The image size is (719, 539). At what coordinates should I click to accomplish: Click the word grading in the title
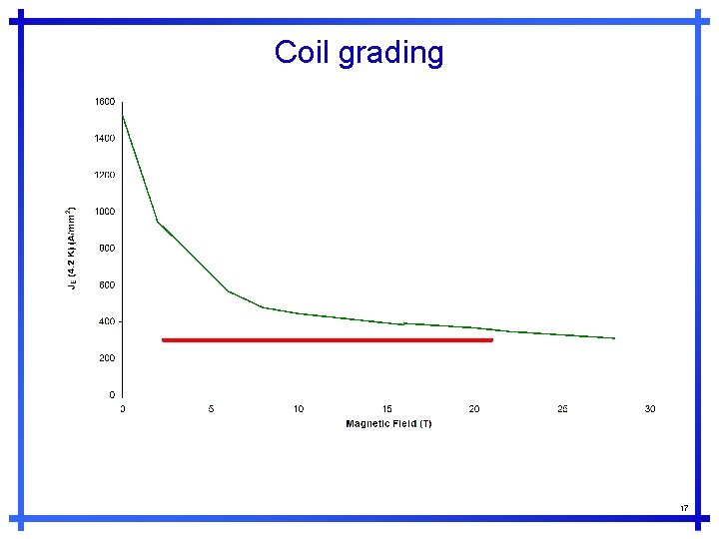[390, 54]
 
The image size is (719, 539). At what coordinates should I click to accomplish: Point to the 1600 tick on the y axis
[105, 102]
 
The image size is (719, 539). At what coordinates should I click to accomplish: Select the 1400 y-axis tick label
[105, 139]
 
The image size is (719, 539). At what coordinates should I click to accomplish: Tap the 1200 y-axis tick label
[105, 175]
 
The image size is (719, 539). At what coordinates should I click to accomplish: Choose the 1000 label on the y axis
[105, 212]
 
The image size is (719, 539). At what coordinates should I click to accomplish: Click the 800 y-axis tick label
[107, 249]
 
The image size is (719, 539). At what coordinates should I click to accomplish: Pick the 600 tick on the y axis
[107, 285]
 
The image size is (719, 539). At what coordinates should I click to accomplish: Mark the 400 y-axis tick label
[107, 321]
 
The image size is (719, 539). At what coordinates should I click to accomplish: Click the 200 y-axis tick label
[107, 358]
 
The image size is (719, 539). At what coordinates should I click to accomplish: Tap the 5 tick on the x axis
[211, 409]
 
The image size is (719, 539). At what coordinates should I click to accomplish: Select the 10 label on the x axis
[299, 409]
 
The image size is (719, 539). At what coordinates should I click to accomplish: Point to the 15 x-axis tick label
[386, 409]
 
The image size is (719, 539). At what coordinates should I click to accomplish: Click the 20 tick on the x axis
[474, 409]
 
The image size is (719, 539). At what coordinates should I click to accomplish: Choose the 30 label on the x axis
[650, 409]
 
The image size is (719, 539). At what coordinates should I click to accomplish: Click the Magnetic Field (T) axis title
[388, 424]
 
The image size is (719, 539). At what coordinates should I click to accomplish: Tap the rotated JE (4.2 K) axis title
[71, 249]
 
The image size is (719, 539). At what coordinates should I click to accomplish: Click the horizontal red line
[328, 340]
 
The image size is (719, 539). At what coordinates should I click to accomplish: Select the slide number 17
[684, 508]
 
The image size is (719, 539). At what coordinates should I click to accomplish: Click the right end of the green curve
[614, 338]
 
